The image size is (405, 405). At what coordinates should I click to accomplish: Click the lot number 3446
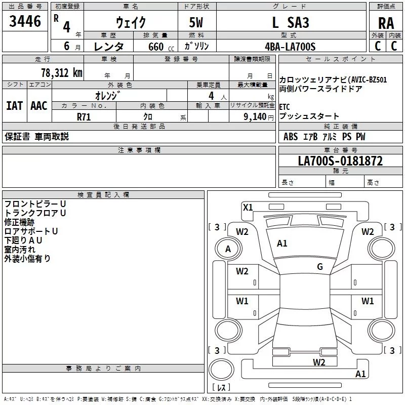pyautogui.click(x=25, y=21)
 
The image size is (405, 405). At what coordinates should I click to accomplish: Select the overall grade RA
pyautogui.click(x=386, y=23)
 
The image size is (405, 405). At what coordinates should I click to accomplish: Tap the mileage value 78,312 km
pyautogui.click(x=62, y=73)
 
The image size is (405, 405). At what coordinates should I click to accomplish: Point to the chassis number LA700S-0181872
pyautogui.click(x=340, y=161)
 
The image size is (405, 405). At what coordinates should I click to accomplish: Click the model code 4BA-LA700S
pyautogui.click(x=290, y=47)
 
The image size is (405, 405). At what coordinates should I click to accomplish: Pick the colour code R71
pyautogui.click(x=84, y=117)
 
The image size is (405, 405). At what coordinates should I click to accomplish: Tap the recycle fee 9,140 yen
pyautogui.click(x=258, y=117)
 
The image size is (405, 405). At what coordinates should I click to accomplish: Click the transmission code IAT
pyautogui.click(x=15, y=106)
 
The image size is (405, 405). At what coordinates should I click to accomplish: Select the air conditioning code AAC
pyautogui.click(x=39, y=106)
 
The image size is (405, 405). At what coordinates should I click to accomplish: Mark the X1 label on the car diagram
pyautogui.click(x=248, y=207)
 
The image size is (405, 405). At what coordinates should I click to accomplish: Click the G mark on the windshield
pyautogui.click(x=320, y=267)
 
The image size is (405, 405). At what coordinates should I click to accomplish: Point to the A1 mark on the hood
pyautogui.click(x=282, y=244)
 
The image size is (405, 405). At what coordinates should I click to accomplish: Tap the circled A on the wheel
pyautogui.click(x=228, y=249)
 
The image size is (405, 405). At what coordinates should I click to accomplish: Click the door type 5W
pyautogui.click(x=196, y=22)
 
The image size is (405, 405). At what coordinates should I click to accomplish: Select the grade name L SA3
pyautogui.click(x=291, y=22)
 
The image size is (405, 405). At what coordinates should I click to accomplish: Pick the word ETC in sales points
pyautogui.click(x=285, y=107)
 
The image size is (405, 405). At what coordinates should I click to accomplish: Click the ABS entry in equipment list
pyautogui.click(x=291, y=137)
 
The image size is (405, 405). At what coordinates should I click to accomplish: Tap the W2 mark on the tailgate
pyautogui.click(x=319, y=362)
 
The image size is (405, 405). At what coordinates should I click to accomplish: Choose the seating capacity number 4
pyautogui.click(x=211, y=96)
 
